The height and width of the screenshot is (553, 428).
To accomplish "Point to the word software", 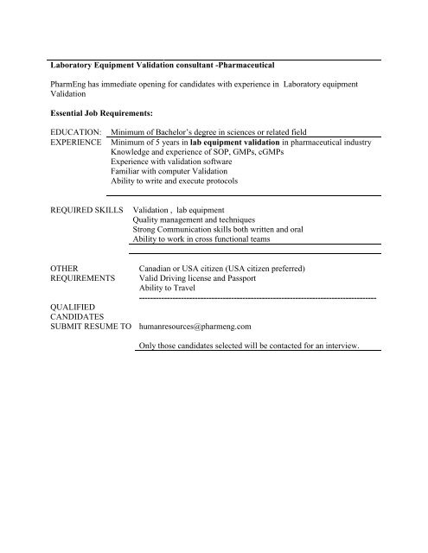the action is pyautogui.click(x=227, y=162).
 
